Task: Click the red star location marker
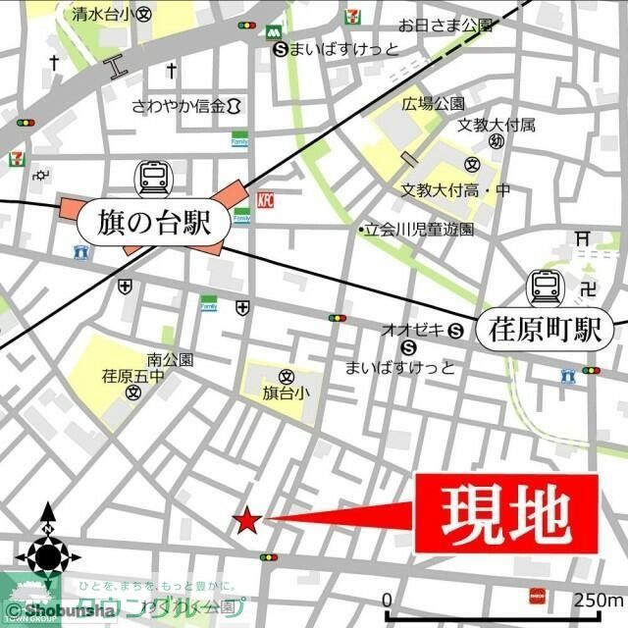247,521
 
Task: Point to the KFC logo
264,200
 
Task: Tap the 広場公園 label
432,103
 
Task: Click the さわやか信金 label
180,105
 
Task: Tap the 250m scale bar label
599,600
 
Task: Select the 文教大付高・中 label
455,188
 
